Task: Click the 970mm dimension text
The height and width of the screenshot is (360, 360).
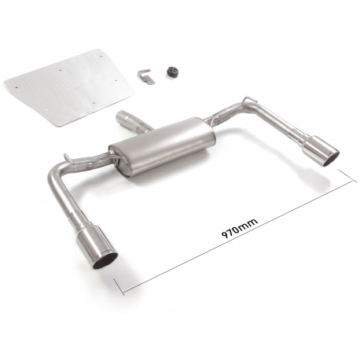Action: tap(240, 227)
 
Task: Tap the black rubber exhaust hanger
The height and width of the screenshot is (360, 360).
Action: tap(171, 72)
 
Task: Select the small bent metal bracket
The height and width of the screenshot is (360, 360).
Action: tap(146, 76)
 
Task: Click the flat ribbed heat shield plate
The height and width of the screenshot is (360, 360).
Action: tap(69, 86)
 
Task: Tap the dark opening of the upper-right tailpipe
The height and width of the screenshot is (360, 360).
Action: tap(332, 159)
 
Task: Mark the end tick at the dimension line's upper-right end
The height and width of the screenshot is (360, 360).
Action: tap(347, 175)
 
